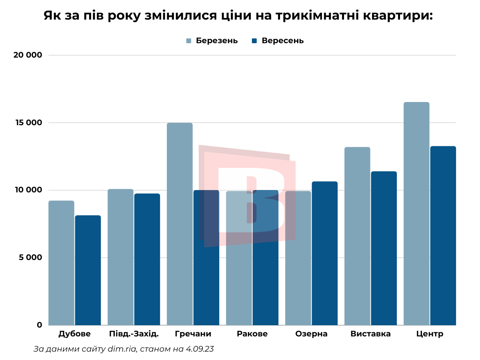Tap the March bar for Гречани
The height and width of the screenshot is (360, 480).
click(180, 224)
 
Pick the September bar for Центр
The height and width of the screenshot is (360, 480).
click(443, 236)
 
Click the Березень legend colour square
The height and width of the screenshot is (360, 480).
click(189, 41)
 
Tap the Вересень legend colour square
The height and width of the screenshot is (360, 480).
click(254, 41)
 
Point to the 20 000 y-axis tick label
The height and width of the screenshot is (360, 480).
click(28, 55)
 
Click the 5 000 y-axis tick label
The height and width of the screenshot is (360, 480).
click(31, 258)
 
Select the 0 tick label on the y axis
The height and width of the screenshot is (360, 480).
click(39, 325)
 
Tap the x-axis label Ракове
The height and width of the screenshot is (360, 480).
click(252, 334)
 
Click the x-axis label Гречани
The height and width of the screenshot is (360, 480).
click(193, 334)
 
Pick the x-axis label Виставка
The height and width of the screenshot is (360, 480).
click(370, 334)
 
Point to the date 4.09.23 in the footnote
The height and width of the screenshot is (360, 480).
click(200, 349)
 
